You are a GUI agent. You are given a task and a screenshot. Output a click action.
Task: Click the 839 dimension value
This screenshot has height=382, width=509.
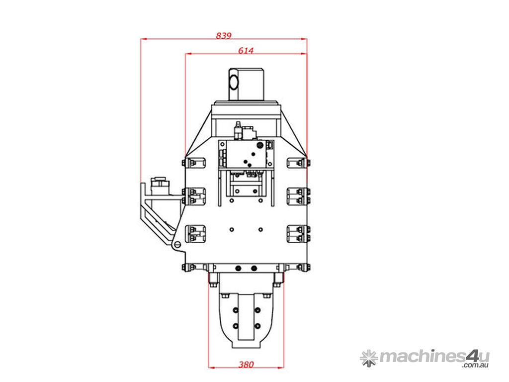[x=224, y=35]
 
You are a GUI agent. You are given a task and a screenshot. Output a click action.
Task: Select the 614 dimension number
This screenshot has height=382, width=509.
[x=246, y=50]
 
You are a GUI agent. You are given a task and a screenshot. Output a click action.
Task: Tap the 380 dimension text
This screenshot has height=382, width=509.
[x=246, y=365]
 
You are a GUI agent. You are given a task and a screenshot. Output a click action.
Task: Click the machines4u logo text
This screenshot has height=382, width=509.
[x=434, y=357]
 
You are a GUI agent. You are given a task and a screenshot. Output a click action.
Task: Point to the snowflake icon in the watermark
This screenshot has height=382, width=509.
[x=369, y=358]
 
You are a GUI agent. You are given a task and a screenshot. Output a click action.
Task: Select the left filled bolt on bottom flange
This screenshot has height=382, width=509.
[x=239, y=268]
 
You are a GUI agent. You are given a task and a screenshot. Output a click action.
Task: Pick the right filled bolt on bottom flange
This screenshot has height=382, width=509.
[x=254, y=268]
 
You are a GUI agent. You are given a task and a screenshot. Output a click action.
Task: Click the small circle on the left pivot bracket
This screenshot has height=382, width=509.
[x=177, y=245]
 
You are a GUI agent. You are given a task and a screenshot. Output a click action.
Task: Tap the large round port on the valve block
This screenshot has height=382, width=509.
[x=259, y=145]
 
